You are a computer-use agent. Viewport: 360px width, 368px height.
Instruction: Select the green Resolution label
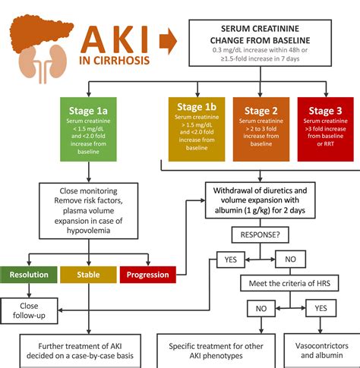[x=29, y=273]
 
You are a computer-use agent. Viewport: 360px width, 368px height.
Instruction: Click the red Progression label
[x=148, y=273]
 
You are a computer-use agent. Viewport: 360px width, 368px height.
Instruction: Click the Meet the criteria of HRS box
[x=290, y=282]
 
